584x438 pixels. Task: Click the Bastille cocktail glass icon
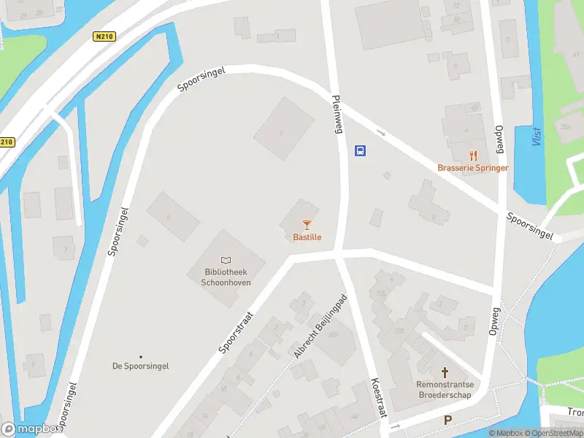(307, 225)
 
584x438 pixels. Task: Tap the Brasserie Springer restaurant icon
(473, 155)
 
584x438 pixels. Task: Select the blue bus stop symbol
(360, 151)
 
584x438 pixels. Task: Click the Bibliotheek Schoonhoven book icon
(226, 261)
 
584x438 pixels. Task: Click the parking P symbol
(448, 420)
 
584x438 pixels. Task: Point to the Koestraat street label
(377, 398)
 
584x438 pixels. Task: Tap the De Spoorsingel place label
(140, 366)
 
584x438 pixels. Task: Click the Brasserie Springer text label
(473, 168)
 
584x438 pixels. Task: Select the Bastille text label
(307, 237)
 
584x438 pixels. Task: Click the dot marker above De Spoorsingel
(140, 356)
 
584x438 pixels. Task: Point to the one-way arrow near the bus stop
(380, 132)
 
